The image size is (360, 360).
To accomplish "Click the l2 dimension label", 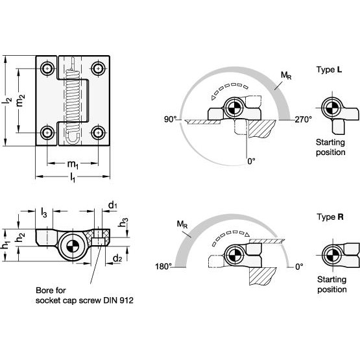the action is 7,101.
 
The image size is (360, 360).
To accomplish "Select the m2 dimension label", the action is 21,101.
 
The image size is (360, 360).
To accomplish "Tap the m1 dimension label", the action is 73,165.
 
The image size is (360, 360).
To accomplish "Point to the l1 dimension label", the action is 73,178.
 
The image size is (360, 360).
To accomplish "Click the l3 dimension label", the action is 43,212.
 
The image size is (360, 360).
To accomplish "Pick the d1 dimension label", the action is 112,205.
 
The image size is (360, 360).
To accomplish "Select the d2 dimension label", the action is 117,259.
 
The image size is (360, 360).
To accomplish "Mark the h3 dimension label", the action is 123,222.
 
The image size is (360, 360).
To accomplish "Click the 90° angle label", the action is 170,119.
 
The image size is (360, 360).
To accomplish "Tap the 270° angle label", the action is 303,119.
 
